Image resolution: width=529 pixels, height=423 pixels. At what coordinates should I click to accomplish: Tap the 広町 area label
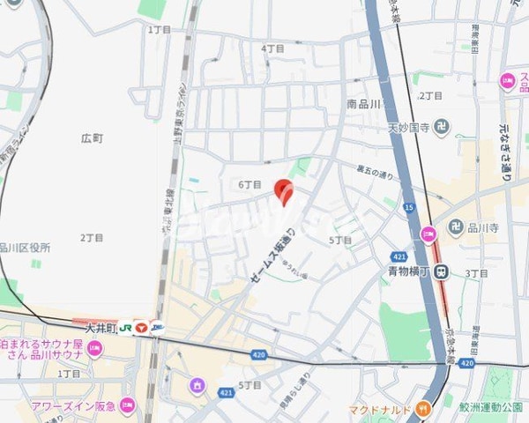(x=92, y=138)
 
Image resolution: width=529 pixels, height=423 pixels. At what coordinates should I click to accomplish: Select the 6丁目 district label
(x=250, y=185)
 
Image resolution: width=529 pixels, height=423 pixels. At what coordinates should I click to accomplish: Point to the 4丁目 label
(x=272, y=48)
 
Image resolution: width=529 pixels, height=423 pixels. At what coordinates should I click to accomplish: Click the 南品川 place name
(x=363, y=104)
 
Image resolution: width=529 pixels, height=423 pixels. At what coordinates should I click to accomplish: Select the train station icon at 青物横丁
(x=445, y=272)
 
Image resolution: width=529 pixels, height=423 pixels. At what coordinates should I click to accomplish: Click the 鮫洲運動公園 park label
(x=489, y=407)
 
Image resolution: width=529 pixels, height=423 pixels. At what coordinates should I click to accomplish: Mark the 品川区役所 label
(x=25, y=247)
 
